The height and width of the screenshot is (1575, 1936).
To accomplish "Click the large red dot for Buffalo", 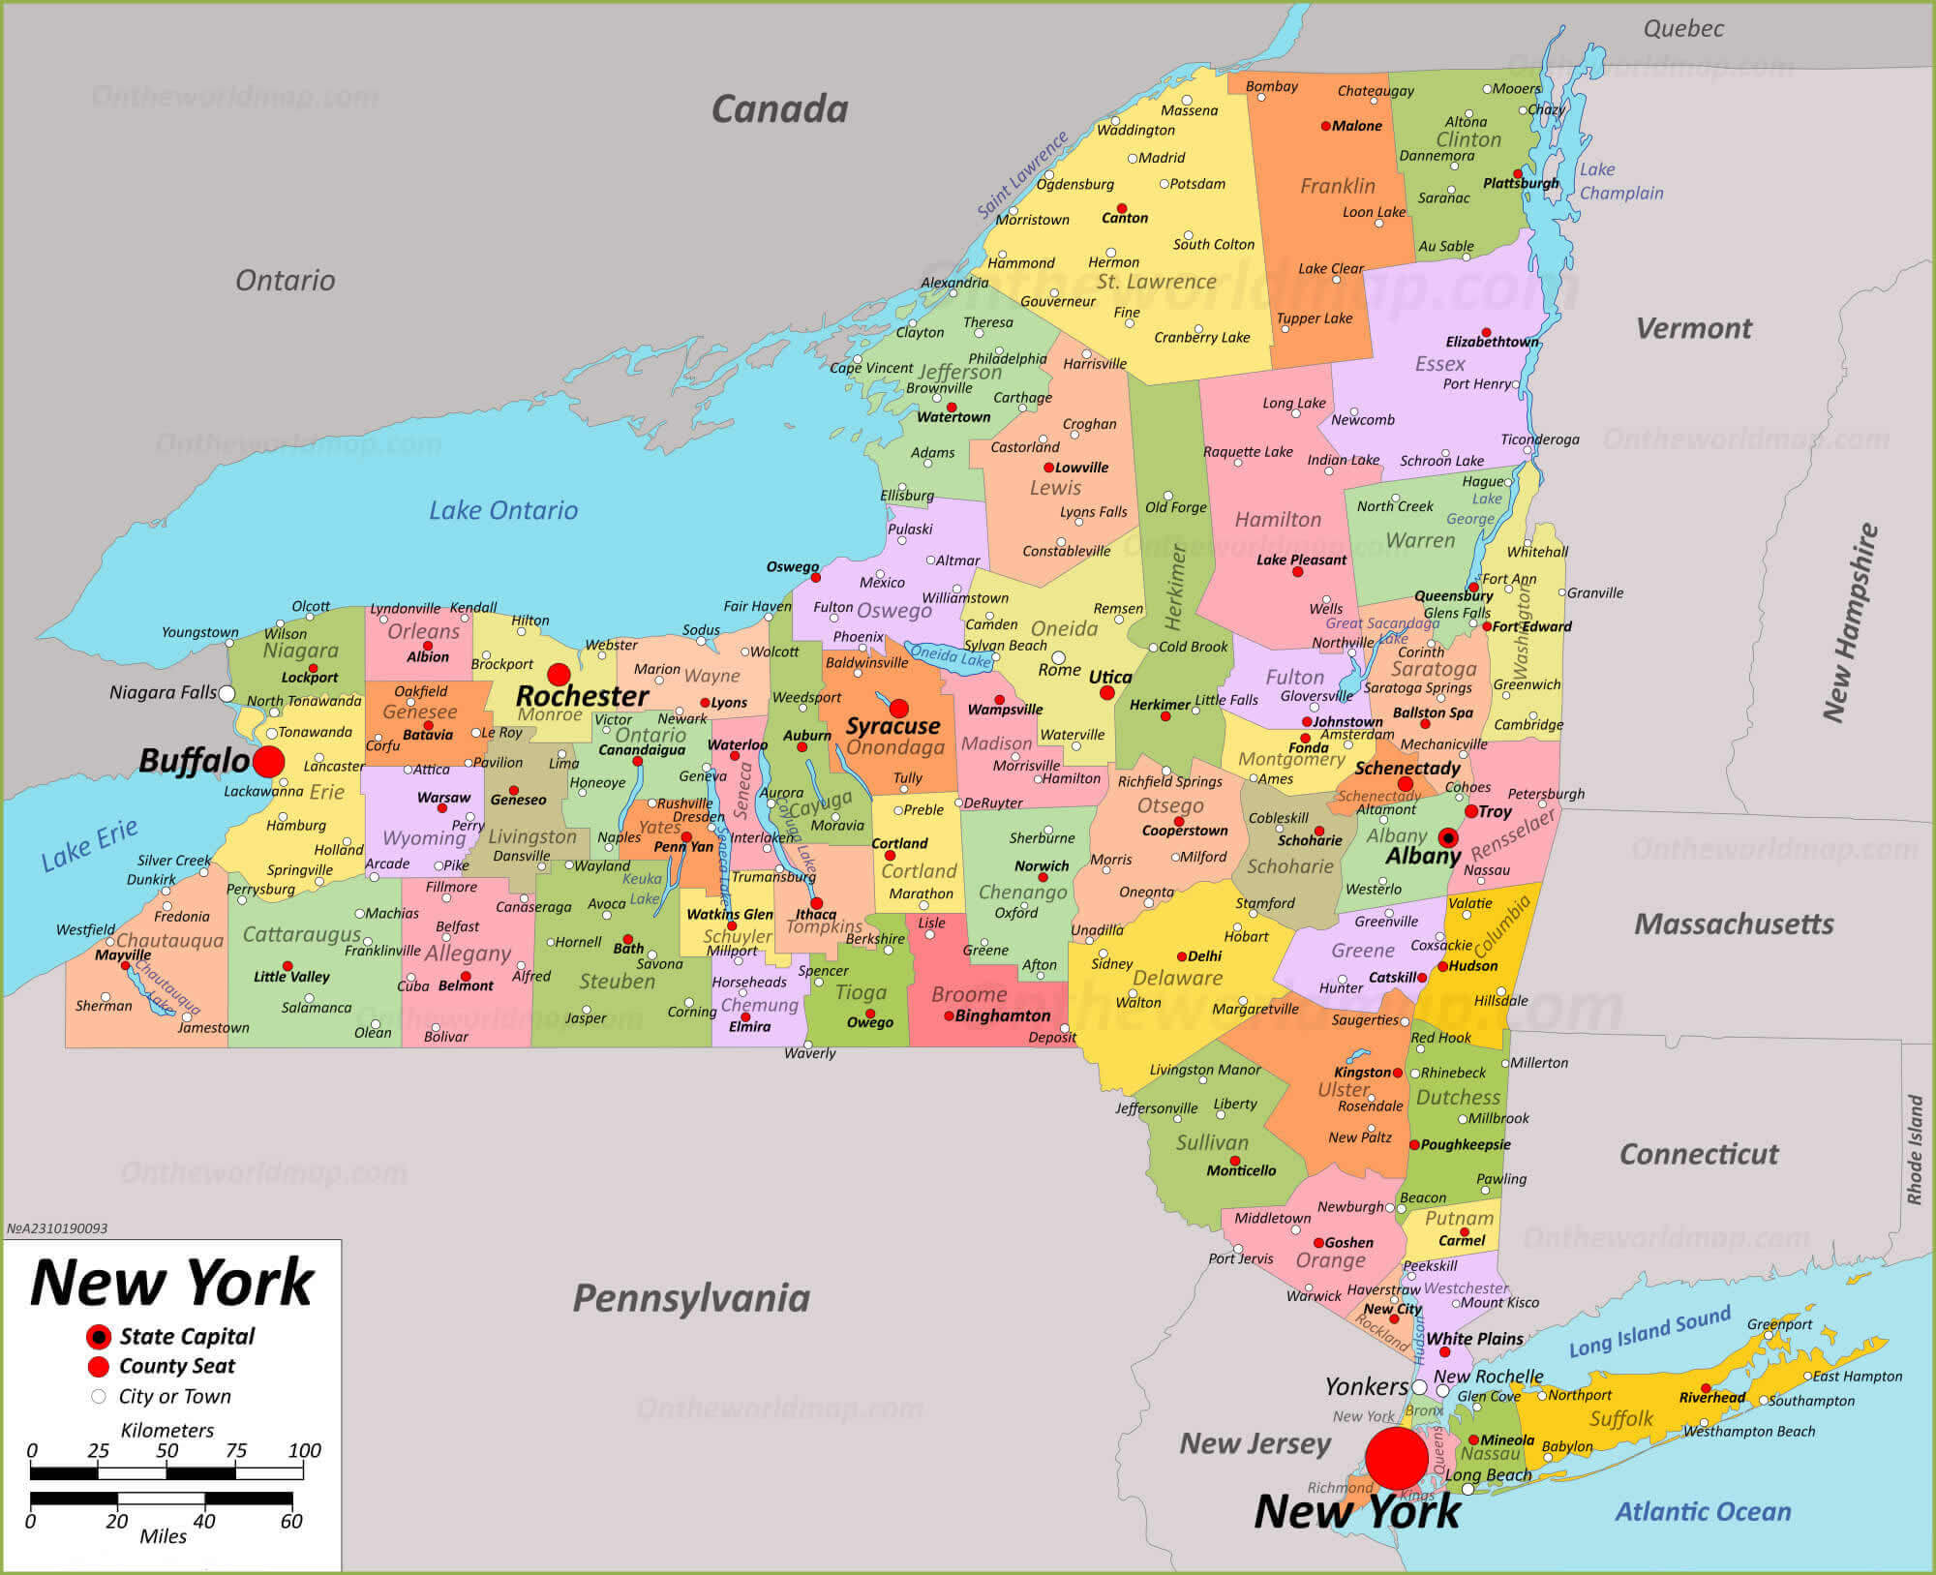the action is point(269,762).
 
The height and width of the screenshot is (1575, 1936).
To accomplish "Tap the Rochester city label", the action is point(582,696).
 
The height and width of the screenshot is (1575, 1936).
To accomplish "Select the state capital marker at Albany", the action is point(1448,837).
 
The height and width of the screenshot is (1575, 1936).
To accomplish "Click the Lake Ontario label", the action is point(503,510).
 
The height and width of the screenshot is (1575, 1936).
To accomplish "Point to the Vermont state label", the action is point(1693,329).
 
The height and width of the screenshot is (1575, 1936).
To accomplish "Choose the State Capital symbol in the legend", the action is point(98,1337).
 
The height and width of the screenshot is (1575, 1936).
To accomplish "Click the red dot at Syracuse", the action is point(898,708).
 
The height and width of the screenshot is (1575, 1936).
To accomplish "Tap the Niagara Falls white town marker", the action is point(227,693).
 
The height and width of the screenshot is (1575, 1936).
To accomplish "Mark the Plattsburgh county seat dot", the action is point(1518,174).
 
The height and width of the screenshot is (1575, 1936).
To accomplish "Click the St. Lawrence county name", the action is point(1156,282).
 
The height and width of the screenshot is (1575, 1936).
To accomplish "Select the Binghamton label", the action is point(1002,1015).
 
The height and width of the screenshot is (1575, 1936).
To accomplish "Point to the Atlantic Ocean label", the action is point(1703,1511).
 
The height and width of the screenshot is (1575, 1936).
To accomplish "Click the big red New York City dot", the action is point(1396,1457).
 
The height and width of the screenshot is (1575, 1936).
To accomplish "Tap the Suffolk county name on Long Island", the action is point(1620,1419).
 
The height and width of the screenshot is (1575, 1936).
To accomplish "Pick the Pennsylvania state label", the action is point(691,1298).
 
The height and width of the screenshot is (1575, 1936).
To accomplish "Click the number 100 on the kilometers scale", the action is point(304,1450).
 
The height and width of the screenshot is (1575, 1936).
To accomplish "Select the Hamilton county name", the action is point(1277,520).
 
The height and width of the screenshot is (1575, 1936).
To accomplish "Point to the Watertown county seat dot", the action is point(952,408).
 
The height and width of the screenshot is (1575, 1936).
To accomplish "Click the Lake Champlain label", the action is point(1620,181).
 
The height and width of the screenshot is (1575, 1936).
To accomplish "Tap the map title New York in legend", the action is point(172,1283).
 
